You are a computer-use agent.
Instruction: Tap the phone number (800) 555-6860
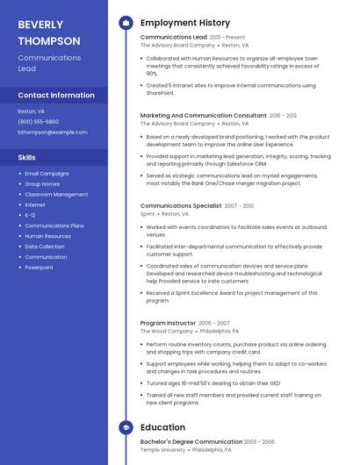click(38, 122)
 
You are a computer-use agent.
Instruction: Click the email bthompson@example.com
click(53, 132)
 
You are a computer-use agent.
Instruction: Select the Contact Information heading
click(56, 95)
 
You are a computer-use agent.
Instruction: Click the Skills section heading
click(27, 157)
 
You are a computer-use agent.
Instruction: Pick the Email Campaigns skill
click(47, 174)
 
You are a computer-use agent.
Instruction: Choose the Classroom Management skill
click(56, 194)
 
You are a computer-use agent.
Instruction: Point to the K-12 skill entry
click(30, 215)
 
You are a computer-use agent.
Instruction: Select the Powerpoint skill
click(39, 268)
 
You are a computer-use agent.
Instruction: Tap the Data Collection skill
click(45, 247)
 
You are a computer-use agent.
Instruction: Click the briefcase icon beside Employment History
click(126, 23)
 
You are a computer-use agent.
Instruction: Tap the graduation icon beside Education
click(126, 427)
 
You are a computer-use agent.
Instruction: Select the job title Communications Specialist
click(180, 205)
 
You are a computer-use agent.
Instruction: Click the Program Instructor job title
click(169, 323)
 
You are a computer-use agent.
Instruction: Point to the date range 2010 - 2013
click(283, 115)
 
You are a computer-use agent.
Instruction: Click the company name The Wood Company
click(167, 332)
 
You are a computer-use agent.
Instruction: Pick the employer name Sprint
click(148, 214)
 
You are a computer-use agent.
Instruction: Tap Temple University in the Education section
click(162, 450)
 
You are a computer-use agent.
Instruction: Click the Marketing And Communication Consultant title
click(203, 115)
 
